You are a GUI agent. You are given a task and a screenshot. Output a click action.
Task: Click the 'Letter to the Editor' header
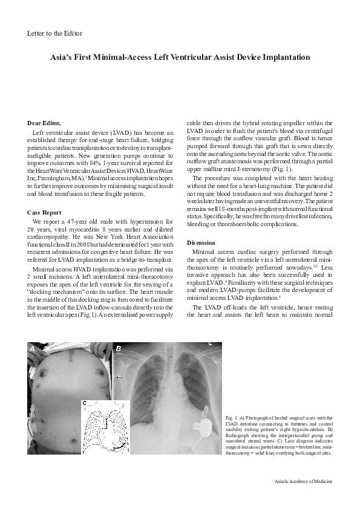(x=55, y=33)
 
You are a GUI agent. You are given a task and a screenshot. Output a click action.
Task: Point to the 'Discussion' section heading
(x=201, y=242)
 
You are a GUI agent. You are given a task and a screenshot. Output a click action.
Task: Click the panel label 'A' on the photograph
(x=33, y=349)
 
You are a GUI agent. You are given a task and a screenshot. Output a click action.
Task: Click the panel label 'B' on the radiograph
(x=119, y=349)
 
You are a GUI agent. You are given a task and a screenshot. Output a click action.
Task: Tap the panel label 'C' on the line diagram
(x=85, y=403)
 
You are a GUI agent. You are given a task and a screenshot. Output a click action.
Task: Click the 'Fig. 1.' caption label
(x=231, y=418)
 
